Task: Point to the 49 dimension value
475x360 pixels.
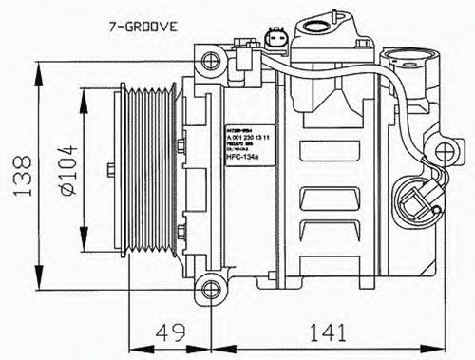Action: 172,333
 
